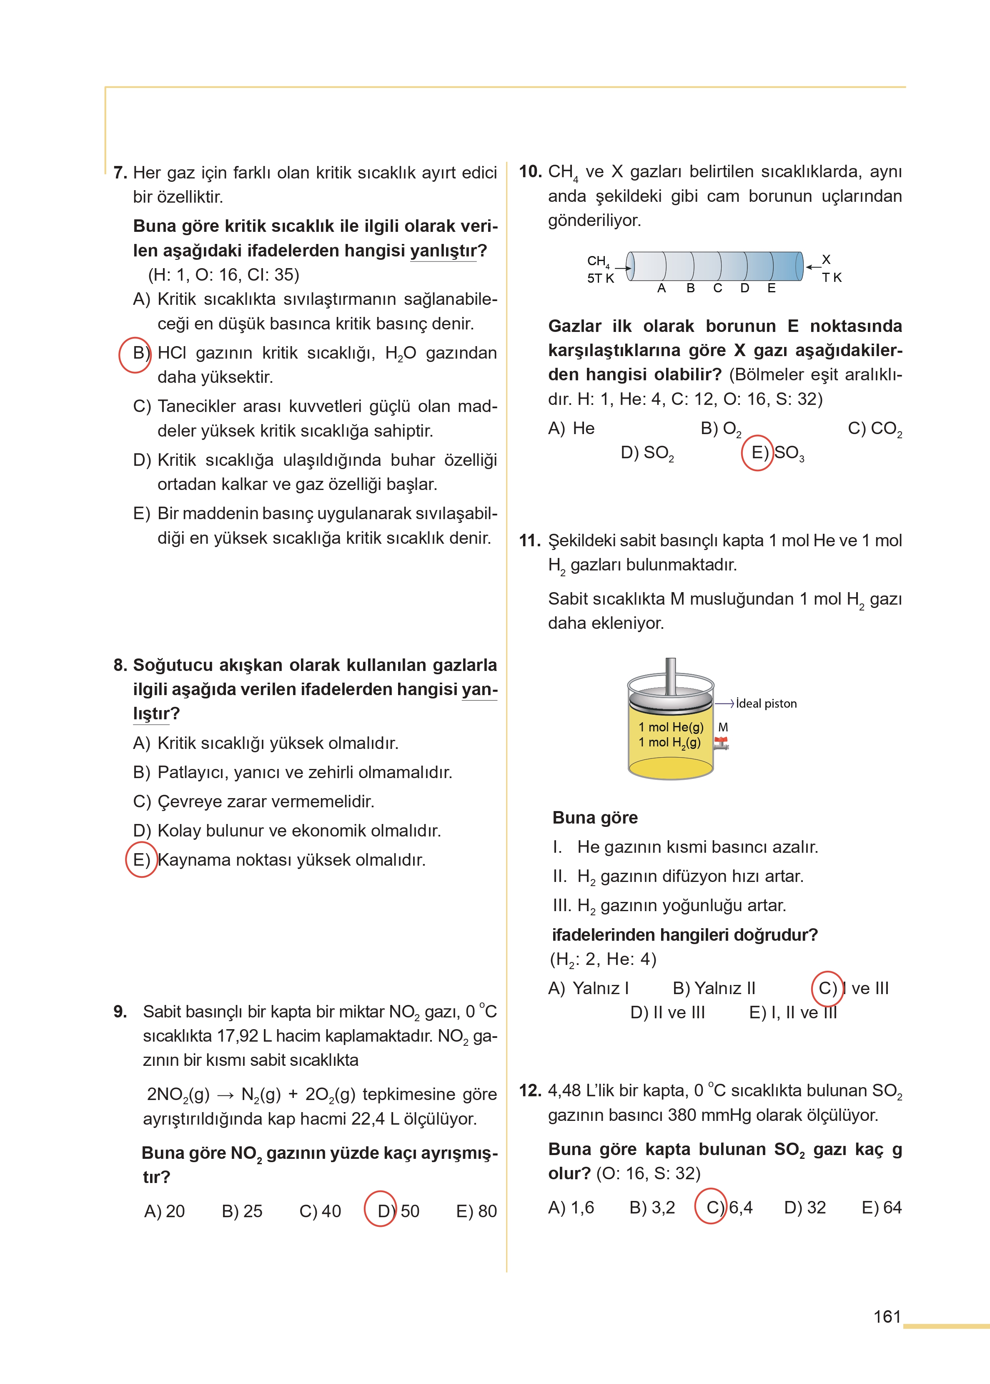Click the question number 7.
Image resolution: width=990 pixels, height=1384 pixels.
pos(120,173)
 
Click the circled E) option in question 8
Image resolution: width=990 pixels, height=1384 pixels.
pos(141,860)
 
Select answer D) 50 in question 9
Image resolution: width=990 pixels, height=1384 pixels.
pos(397,1211)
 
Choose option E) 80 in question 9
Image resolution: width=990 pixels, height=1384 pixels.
pos(476,1211)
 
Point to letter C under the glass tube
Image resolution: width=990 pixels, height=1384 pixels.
pos(717,289)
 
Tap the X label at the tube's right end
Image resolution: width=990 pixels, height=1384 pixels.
pos(826,260)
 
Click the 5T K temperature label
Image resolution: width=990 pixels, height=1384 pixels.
pos(601,279)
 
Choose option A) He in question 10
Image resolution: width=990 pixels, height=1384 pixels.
pos(571,429)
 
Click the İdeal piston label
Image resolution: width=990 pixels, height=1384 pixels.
pos(766,703)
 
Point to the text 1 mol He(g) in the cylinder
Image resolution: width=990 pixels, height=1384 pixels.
pos(671,727)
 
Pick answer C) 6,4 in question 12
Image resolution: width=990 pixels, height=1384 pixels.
pos(729,1207)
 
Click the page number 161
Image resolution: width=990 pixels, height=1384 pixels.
pos(887,1317)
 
